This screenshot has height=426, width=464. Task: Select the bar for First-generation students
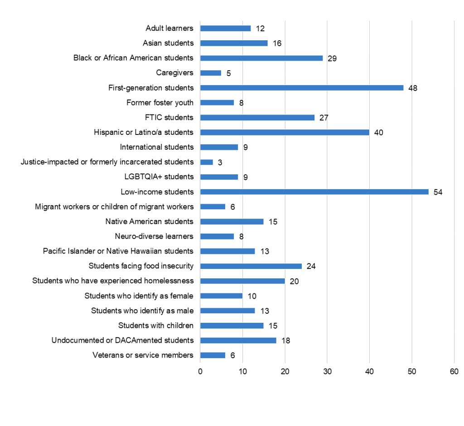pyautogui.click(x=301, y=88)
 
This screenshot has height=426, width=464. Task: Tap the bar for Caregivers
pyautogui.click(x=211, y=73)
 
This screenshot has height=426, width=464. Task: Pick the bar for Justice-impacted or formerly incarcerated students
pyautogui.click(x=207, y=162)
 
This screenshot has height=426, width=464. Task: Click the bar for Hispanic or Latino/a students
pyautogui.click(x=285, y=132)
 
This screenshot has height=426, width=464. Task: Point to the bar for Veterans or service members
pyautogui.click(x=213, y=355)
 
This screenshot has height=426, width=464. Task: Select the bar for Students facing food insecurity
pyautogui.click(x=251, y=266)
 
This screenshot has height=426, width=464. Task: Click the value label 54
pyautogui.click(x=438, y=192)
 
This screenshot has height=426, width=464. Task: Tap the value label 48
pyautogui.click(x=412, y=88)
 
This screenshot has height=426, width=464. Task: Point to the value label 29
pyautogui.click(x=332, y=58)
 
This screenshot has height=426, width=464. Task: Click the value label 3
pyautogui.click(x=220, y=163)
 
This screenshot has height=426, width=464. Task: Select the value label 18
pyautogui.click(x=285, y=340)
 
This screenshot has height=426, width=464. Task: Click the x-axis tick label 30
pyautogui.click(x=327, y=372)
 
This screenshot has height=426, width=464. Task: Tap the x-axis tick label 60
pyautogui.click(x=454, y=372)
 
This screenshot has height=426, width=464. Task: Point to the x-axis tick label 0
pyautogui.click(x=200, y=372)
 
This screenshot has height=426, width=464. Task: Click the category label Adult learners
pyautogui.click(x=169, y=28)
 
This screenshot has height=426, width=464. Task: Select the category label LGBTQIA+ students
pyautogui.click(x=157, y=177)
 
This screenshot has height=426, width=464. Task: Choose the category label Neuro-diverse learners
pyautogui.click(x=154, y=236)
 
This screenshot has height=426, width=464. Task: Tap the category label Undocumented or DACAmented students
pyautogui.click(x=122, y=340)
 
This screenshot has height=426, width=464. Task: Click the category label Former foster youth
pyautogui.click(x=160, y=103)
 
